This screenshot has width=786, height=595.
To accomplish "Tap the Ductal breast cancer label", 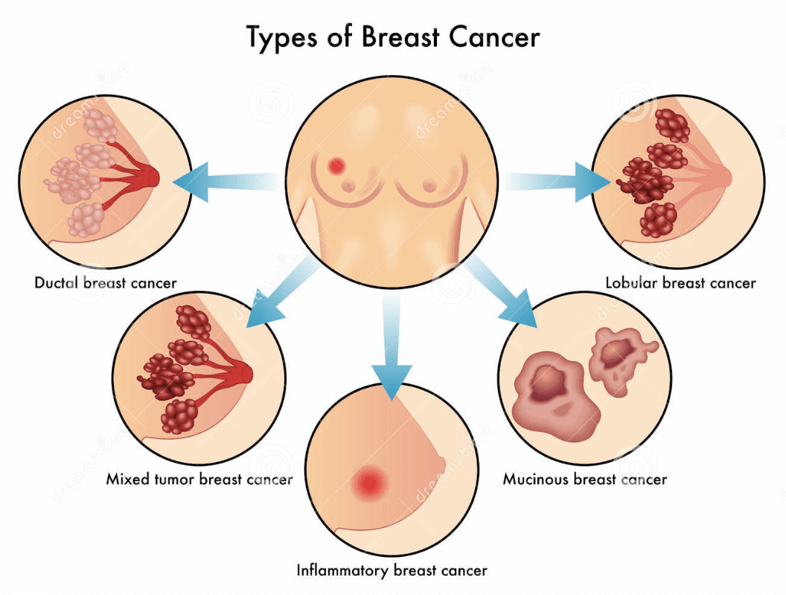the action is point(106,283).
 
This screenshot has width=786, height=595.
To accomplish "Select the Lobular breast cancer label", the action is point(680,283).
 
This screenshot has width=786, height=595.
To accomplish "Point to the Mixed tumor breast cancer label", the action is point(199,479).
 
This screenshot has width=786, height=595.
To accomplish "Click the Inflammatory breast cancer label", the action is point(392,571).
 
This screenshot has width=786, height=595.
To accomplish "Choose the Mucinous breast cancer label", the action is point(584,479).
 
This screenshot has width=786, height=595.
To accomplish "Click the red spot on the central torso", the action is point(337,165).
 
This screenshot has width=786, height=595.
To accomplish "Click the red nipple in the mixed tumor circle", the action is point(245,372).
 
